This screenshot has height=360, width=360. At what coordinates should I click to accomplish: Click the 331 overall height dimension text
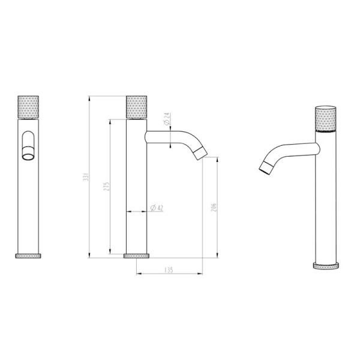pyautogui.click(x=86, y=178)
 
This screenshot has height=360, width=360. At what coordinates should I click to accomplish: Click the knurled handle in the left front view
pyautogui.click(x=29, y=106)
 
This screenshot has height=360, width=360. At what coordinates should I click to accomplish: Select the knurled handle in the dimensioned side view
pyautogui.click(x=136, y=106)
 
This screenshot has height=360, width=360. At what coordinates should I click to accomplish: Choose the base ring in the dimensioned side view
pyautogui.click(x=136, y=256)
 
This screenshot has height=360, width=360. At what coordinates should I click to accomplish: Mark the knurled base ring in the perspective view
pyautogui.click(x=326, y=266)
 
